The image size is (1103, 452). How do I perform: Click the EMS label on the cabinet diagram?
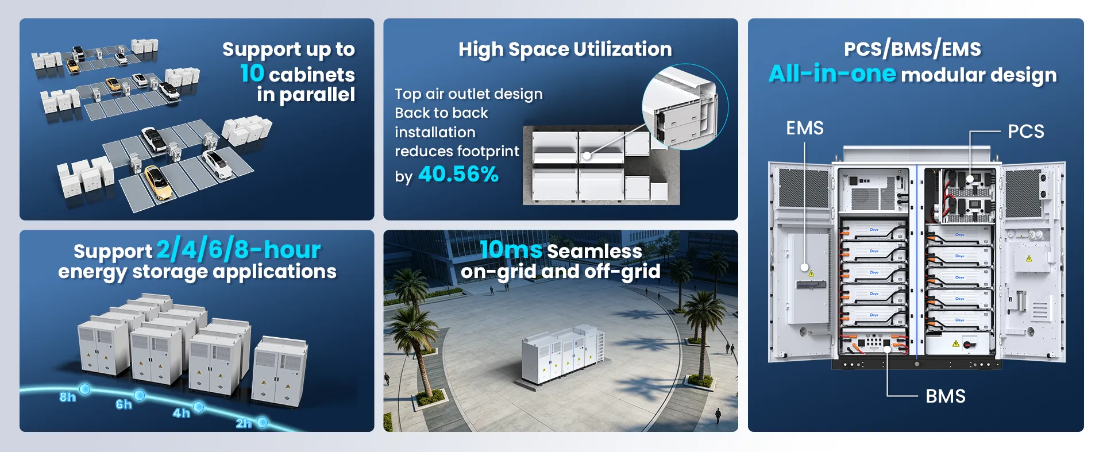(x=804, y=128)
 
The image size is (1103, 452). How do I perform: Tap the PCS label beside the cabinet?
(x=1026, y=131)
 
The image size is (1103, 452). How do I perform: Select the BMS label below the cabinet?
(x=946, y=396)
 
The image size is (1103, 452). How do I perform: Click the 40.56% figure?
(x=458, y=174)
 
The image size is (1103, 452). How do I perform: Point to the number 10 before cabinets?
(x=252, y=74)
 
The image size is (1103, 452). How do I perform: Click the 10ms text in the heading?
(x=511, y=250)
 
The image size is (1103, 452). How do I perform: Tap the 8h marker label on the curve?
(x=68, y=397)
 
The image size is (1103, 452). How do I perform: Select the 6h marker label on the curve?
(x=124, y=404)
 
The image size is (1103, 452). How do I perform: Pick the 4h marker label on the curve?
(x=181, y=413)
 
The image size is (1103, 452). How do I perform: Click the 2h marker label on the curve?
(x=244, y=423)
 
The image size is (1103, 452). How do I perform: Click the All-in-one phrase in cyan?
(x=832, y=74)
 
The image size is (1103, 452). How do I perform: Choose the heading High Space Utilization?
(x=565, y=49)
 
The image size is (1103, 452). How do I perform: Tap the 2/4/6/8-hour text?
(x=238, y=250)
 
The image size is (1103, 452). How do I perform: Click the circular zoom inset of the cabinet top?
(x=685, y=107)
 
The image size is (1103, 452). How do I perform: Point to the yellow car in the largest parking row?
(x=157, y=180)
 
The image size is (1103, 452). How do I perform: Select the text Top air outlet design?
(x=469, y=94)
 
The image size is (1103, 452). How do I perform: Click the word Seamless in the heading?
(x=595, y=251)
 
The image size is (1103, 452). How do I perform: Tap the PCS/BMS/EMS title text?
(x=912, y=49)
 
